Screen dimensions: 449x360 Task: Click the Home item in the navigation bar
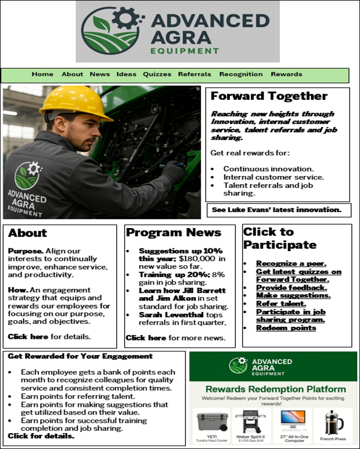point(42,75)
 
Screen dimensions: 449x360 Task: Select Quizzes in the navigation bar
point(157,75)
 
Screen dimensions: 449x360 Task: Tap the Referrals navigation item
point(194,75)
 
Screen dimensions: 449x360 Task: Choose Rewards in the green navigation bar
point(286,75)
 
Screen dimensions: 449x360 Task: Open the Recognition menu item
point(241,75)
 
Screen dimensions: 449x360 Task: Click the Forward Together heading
point(268,96)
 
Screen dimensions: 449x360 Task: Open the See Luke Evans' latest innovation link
point(277,210)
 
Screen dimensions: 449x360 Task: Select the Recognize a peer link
point(291,264)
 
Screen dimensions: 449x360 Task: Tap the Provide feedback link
point(291,287)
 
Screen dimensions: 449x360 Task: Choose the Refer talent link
point(281,303)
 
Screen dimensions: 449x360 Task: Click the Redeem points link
point(286,328)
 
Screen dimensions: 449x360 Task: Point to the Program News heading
point(173,233)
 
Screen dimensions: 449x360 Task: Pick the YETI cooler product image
point(211,420)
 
